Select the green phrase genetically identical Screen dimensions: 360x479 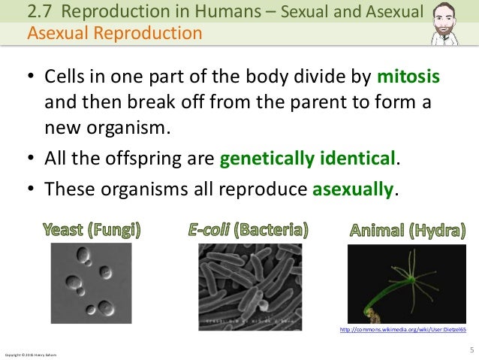(x=306, y=160)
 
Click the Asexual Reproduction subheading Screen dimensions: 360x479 (x=114, y=33)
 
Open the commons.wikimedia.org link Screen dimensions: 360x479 (x=403, y=329)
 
